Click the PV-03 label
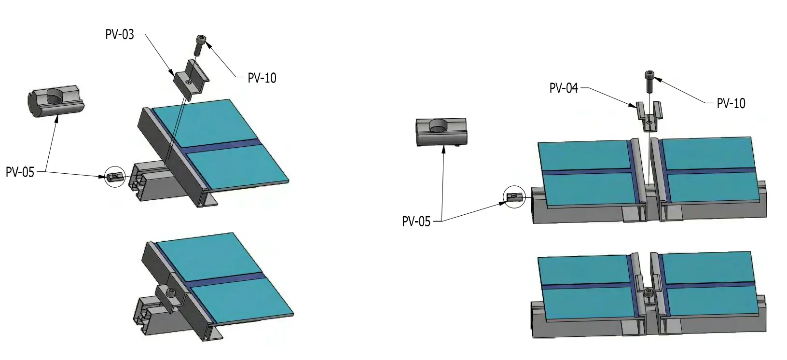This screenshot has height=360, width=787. pyautogui.click(x=120, y=35)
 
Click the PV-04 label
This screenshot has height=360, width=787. pyautogui.click(x=564, y=89)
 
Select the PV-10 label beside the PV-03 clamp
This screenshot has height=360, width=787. pyautogui.click(x=262, y=78)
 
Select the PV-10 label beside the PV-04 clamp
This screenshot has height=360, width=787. pyautogui.click(x=731, y=103)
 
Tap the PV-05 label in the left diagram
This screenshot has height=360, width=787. pyautogui.click(x=20, y=172)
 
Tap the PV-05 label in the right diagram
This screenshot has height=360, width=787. pyautogui.click(x=416, y=222)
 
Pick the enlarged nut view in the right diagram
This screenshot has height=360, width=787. pyautogui.click(x=442, y=131)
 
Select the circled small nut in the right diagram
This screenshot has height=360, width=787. pyautogui.click(x=514, y=196)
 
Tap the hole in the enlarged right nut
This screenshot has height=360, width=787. pyautogui.click(x=440, y=126)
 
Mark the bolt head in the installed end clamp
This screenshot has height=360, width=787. pyautogui.click(x=170, y=291)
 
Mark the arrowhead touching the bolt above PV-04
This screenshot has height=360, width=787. pyautogui.click(x=658, y=80)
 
